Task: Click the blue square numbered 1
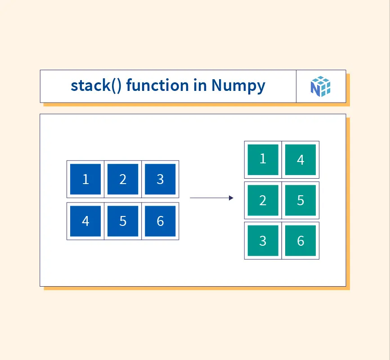[x=85, y=179]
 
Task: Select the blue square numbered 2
[x=123, y=179]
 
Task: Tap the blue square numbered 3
[x=160, y=179]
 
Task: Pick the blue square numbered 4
[x=85, y=221]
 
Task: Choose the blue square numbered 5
[x=123, y=221]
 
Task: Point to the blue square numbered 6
[x=160, y=221]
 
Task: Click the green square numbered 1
[x=263, y=160]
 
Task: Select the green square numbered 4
[x=300, y=160]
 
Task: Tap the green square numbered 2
[x=263, y=200]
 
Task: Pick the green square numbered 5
[x=300, y=200]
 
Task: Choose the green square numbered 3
[x=263, y=241]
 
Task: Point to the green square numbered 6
[x=300, y=241]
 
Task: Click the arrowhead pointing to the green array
[x=231, y=198]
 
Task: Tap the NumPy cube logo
[x=321, y=86]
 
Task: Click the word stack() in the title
[x=96, y=85]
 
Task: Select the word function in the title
[x=158, y=85]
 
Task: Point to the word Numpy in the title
[x=238, y=86]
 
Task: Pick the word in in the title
[x=200, y=85]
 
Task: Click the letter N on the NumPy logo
[x=315, y=89]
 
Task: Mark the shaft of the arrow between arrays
[x=210, y=198]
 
